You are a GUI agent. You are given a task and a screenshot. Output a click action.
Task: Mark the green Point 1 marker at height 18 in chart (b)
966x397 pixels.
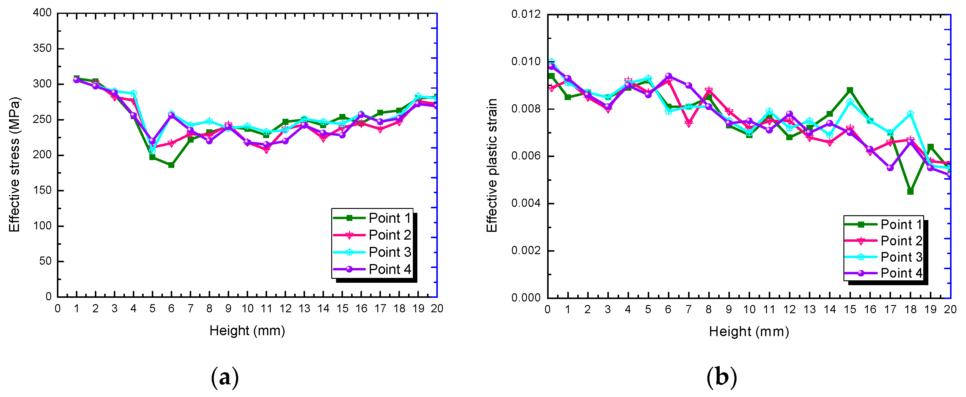coord(910,192)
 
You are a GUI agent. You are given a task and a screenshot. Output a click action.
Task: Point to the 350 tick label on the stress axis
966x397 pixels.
coord(42,49)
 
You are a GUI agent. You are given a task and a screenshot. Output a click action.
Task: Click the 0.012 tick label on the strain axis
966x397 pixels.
coord(526,14)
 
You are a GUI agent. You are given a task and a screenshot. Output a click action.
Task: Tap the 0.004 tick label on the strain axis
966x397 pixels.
coord(526,203)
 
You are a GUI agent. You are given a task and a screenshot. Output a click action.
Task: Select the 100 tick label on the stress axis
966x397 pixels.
coord(42,226)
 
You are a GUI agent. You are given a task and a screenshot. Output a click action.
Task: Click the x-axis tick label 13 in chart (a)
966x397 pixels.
coord(304,309)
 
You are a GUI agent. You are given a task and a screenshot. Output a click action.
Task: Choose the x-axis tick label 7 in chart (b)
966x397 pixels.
coord(688,310)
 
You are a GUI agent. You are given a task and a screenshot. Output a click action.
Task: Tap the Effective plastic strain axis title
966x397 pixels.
coord(492,165)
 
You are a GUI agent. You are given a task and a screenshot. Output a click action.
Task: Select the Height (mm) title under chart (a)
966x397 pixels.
coord(247,331)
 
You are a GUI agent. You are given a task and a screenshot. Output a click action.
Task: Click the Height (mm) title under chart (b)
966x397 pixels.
coord(749,332)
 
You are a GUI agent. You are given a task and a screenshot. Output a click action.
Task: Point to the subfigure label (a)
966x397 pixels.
coord(225,377)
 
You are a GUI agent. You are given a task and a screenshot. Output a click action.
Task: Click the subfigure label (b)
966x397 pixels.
coord(721,377)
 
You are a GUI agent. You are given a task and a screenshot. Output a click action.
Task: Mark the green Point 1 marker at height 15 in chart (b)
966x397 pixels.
coord(850,90)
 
